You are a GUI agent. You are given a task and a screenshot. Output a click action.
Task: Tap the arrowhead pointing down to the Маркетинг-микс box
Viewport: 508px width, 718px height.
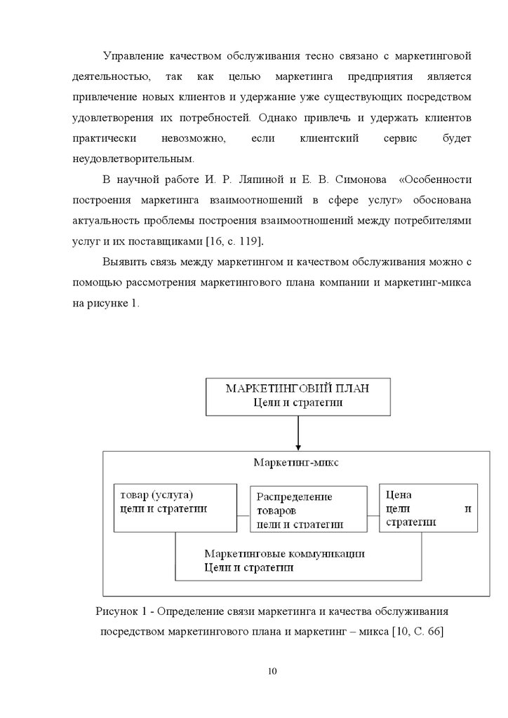(x=298, y=445)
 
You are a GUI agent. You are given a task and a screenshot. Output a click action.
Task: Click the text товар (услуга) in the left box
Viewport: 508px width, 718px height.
(x=156, y=494)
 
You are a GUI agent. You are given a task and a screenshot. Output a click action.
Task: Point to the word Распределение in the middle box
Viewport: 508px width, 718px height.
(x=294, y=496)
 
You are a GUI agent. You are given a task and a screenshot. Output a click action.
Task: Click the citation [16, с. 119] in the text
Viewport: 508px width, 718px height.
(x=235, y=241)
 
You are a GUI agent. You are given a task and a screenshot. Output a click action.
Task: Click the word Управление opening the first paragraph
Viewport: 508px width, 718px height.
(x=134, y=55)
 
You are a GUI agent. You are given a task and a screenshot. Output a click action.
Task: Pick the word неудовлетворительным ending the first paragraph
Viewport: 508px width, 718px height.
(x=121, y=158)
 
